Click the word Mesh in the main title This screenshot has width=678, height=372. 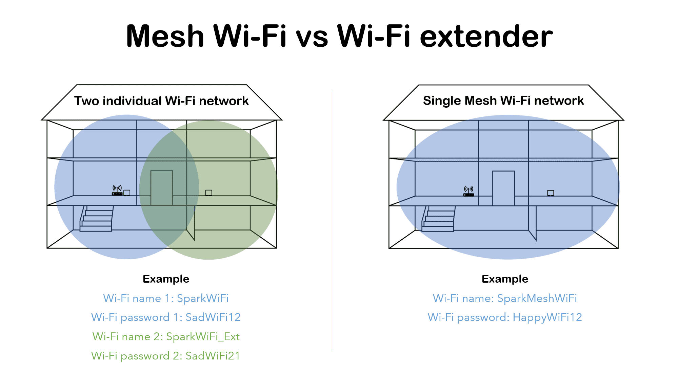pos(165,36)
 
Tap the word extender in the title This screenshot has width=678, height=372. pos(486,36)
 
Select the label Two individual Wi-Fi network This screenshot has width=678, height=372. pos(161,101)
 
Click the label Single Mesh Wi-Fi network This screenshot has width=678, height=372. pos(503,101)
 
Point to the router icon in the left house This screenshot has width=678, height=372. pos(117,191)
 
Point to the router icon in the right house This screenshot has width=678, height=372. pos(468,191)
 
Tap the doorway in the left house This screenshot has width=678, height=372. pos(162,188)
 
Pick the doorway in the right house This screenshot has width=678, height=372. pos(503,188)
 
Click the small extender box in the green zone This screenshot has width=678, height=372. pos(209,193)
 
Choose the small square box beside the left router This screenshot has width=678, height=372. pos(127,193)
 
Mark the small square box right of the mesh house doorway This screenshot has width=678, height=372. pos(551,193)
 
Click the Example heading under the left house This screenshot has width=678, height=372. pos(166,279)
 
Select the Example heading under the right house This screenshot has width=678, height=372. pos(505,279)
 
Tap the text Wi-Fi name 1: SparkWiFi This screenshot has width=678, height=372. pos(166,298)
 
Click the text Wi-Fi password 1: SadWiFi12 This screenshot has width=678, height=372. pos(166,317)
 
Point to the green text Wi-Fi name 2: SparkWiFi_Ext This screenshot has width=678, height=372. pos(166,336)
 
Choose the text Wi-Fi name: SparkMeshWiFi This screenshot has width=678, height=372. pos(505,298)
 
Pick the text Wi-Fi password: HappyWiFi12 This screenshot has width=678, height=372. pos(505,317)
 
